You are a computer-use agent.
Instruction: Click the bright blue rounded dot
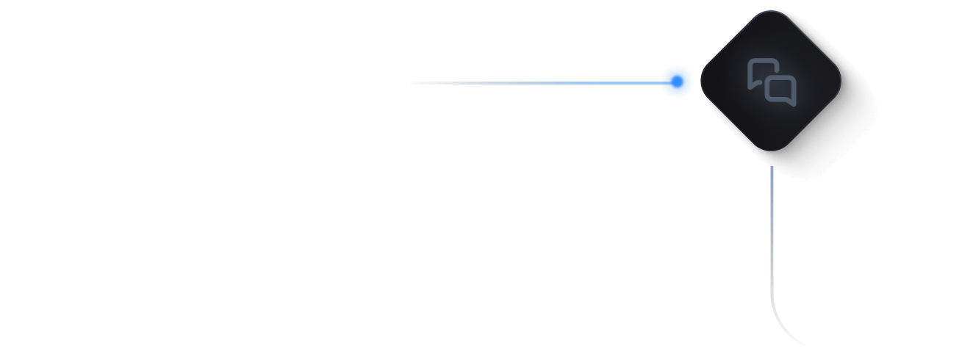pos(677,82)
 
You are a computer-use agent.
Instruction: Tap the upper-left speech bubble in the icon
pos(761,73)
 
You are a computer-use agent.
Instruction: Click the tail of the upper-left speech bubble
pos(751,87)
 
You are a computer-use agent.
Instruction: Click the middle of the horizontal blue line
pos(536,83)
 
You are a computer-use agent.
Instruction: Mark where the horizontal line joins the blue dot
pos(661,83)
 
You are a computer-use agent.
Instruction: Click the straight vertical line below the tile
pos(771,235)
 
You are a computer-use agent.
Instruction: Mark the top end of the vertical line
pos(771,168)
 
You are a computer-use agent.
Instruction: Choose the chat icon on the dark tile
pos(771,82)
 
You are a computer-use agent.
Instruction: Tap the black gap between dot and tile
pos(697,82)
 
